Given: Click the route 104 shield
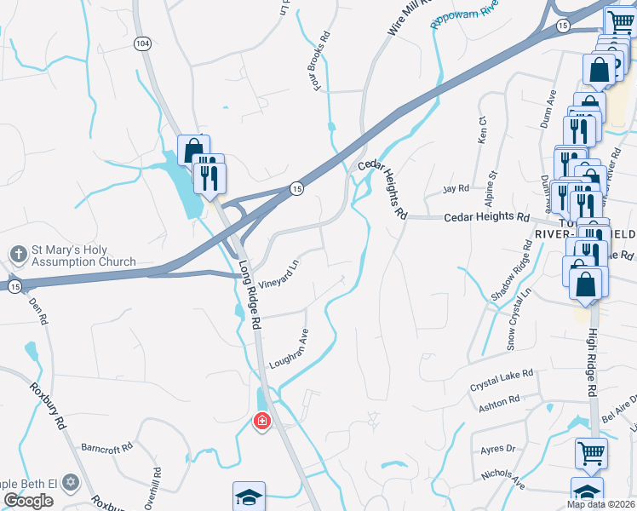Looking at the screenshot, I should tap(142, 42).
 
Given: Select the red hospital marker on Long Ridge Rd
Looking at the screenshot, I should tap(261, 420).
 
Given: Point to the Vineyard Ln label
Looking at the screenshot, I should tap(280, 273).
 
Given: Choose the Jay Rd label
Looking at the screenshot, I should tap(456, 188).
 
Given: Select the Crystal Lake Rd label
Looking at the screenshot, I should tap(502, 380).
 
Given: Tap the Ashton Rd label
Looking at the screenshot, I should tap(498, 402).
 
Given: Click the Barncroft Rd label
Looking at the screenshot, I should tap(107, 446).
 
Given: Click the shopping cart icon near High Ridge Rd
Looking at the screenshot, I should tap(591, 452).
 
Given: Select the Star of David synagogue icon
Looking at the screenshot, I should tap(72, 482).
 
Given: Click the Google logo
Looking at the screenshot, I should tap(28, 501).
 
